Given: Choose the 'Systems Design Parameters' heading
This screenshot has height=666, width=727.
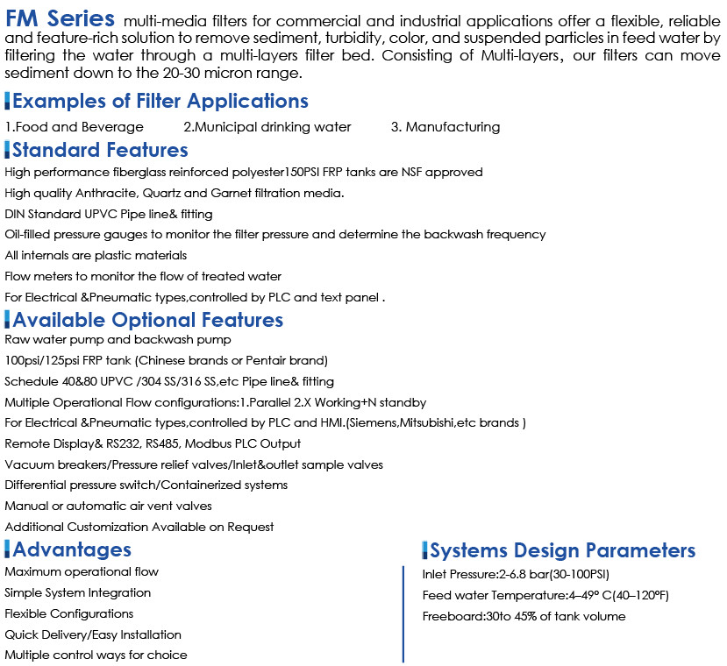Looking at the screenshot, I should pyautogui.click(x=562, y=550).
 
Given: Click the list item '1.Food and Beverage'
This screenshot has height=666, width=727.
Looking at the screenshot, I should pyautogui.click(x=75, y=127).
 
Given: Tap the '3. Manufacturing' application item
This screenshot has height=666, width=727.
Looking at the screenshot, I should pyautogui.click(x=445, y=127).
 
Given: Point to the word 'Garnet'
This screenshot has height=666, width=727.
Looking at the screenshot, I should pyautogui.click(x=225, y=193).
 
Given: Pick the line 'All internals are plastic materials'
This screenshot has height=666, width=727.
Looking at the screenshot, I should pyautogui.click(x=96, y=255).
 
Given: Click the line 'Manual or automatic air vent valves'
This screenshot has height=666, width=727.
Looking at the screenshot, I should pyautogui.click(x=108, y=506).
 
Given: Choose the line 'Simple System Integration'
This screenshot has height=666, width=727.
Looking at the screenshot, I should pyautogui.click(x=77, y=592).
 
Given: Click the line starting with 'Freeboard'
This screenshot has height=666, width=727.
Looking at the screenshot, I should pyautogui.click(x=524, y=616).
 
